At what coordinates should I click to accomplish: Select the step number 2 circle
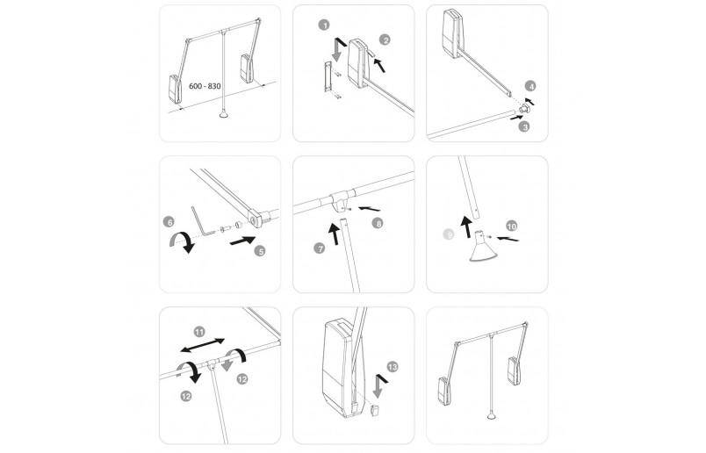click(385, 39)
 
